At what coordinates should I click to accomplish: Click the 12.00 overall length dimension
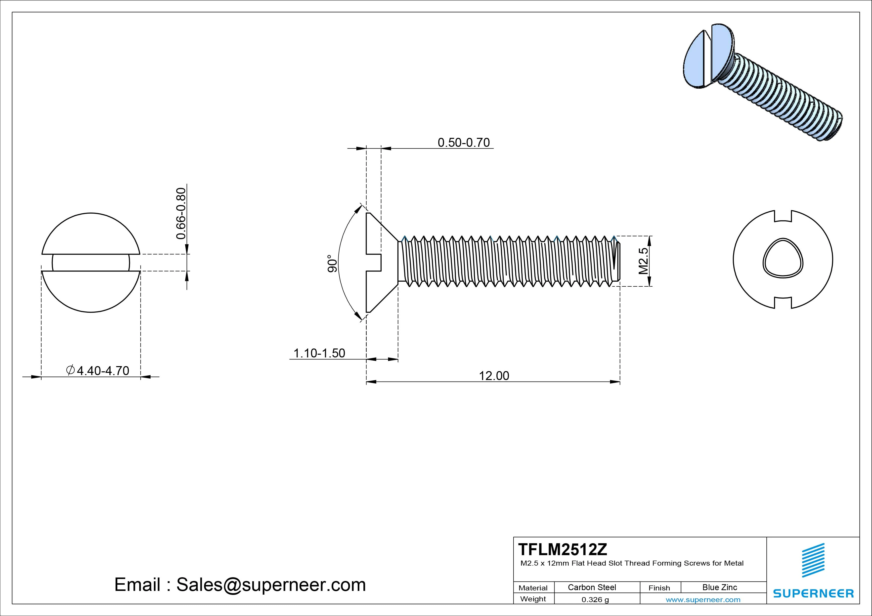point(494,376)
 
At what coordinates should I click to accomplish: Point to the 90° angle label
point(332,263)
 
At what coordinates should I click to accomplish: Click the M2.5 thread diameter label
point(643,261)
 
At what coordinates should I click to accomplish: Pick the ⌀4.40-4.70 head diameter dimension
point(98,370)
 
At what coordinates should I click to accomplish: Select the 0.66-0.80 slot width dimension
point(181,213)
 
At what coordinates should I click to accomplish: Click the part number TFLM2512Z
point(563,549)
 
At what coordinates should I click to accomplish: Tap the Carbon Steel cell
point(592,587)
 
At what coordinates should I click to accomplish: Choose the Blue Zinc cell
point(719,587)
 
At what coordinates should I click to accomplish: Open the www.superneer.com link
point(703,600)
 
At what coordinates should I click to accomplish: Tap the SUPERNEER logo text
point(813,593)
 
